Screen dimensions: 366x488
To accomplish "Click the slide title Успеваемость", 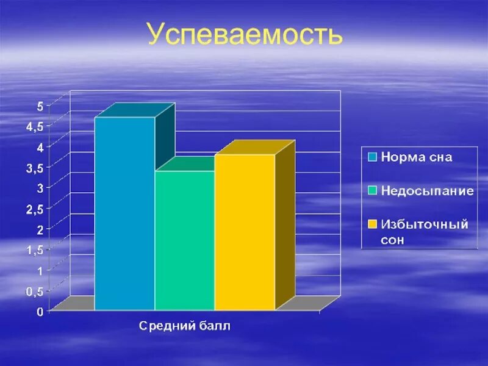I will pos(244,35).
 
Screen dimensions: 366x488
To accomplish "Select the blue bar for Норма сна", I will pos(124,213).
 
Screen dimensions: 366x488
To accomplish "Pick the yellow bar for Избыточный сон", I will pos(244,232).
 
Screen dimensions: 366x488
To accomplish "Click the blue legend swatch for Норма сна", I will pos(371,157).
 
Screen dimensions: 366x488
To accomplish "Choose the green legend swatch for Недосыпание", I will pos(371,190).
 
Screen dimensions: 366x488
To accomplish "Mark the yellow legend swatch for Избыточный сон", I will pos(371,224).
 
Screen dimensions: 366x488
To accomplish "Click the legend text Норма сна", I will pos(417,157).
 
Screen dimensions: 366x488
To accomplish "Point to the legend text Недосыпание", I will pos(427,190).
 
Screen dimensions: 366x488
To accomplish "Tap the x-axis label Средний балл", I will pos(185,326).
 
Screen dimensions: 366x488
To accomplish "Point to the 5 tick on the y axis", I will pos(40,106).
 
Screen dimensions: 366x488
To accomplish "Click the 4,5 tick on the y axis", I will pos(35,127).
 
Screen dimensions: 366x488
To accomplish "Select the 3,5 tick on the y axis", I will pos(35,168).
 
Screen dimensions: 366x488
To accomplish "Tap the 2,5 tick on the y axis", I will pos(35,209).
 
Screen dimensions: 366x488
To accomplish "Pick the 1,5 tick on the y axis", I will pos(35,250).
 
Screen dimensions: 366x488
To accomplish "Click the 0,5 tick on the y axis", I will pos(35,292).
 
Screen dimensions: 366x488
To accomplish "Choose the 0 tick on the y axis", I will pos(40,312).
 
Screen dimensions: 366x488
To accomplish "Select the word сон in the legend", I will pos(393,240).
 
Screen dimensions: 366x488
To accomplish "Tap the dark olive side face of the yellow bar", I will pos(285,226).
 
